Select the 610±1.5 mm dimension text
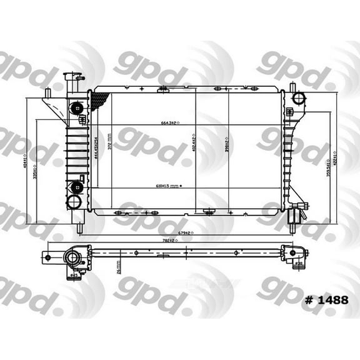[166, 186]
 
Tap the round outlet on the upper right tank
[299, 98]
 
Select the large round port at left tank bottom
[74, 202]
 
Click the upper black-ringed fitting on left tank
[77, 107]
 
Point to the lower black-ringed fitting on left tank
[77, 186]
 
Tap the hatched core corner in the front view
[99, 100]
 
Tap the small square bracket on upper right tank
[291, 112]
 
